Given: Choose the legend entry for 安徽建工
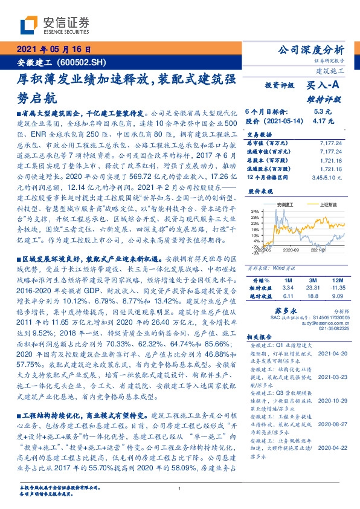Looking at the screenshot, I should pos(284,205).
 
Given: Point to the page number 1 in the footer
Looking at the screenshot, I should pos(179,488).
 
